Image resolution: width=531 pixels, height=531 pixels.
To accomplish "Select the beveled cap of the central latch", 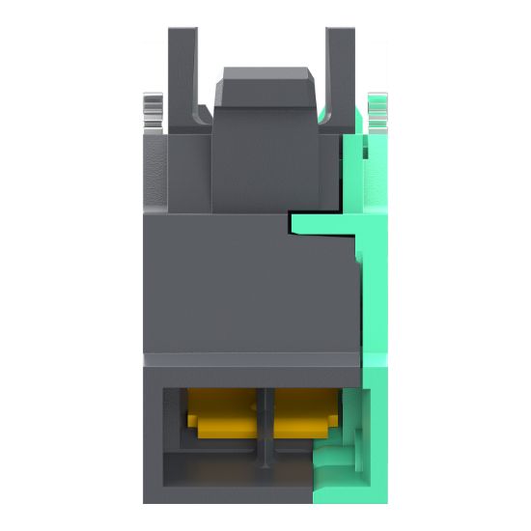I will [x=265, y=83].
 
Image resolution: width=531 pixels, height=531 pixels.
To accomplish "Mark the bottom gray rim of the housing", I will [x=232, y=494].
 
